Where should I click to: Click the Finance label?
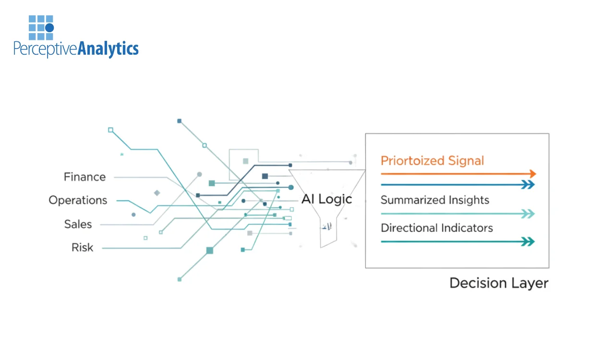(84, 177)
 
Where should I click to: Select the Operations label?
(78, 200)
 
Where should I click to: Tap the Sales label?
(78, 224)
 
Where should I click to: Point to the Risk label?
(82, 248)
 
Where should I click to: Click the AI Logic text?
(326, 199)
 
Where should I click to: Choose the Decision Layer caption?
(499, 283)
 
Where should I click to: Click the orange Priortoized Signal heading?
(432, 161)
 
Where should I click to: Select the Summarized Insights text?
(434, 200)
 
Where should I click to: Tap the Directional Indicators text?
(436, 228)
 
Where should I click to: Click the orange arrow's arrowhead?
(532, 174)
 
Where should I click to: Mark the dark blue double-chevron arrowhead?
(528, 185)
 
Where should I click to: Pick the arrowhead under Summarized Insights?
(528, 214)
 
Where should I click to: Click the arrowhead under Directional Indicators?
(528, 242)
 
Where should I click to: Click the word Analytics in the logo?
(108, 48)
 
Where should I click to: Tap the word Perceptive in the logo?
(45, 49)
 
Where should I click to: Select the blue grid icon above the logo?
(41, 27)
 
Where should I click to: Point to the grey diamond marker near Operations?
(156, 193)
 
